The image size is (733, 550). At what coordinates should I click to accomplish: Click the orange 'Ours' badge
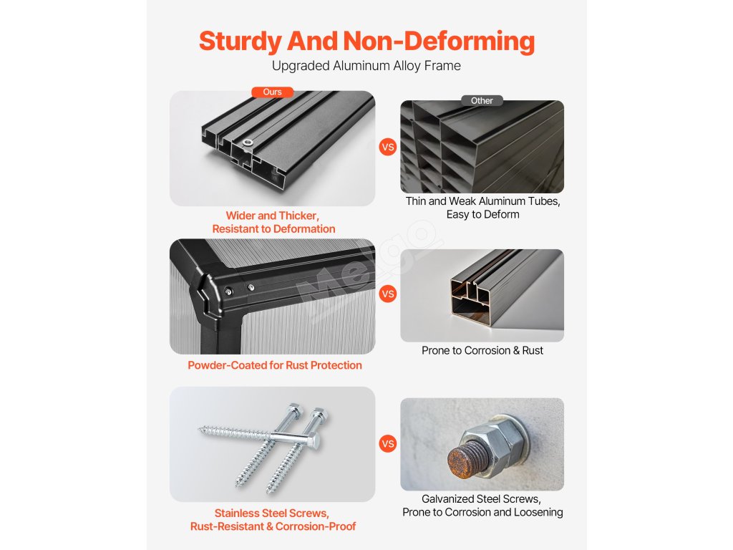tap(272, 92)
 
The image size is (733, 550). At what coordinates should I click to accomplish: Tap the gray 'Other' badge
tap(482, 100)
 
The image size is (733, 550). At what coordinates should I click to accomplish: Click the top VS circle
tap(387, 147)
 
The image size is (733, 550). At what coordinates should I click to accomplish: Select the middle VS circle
tap(387, 294)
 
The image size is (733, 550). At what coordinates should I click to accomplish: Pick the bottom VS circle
tap(387, 443)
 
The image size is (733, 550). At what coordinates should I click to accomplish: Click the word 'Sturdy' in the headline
tap(240, 41)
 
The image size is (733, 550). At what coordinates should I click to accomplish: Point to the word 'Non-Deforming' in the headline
tap(439, 41)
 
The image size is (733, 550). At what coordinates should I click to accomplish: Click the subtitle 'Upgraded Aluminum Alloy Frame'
tap(366, 65)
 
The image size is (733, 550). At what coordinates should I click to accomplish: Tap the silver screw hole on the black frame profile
tap(248, 143)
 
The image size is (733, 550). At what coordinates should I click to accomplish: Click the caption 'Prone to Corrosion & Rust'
tap(482, 350)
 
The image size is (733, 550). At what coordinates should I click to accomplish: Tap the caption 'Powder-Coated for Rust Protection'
tap(275, 365)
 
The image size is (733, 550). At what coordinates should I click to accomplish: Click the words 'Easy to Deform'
tap(483, 214)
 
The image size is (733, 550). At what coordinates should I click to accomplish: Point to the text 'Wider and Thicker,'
tap(273, 216)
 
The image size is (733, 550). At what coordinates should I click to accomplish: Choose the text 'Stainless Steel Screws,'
tap(272, 513)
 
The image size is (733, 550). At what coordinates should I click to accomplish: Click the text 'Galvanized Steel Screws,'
tap(482, 499)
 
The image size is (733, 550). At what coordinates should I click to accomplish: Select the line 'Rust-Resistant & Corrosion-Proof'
tap(273, 526)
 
